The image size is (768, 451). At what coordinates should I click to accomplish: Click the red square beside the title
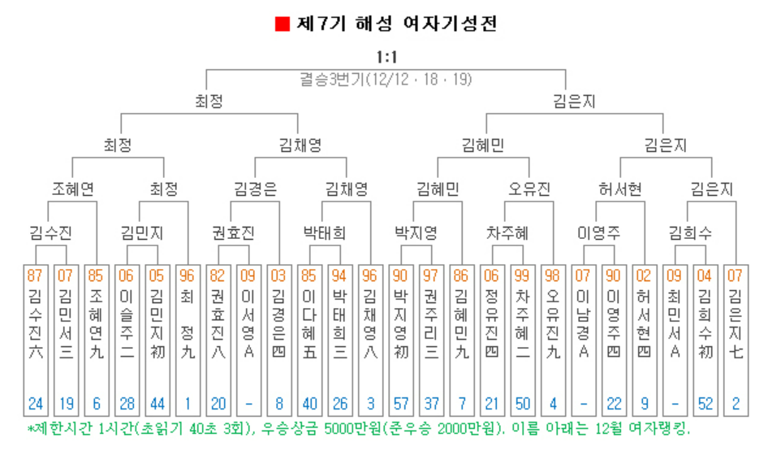tap(283, 24)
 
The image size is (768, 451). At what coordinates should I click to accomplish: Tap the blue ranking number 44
tap(157, 403)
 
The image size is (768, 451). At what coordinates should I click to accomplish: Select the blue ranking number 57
tap(399, 403)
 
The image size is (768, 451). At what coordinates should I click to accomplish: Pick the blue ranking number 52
tap(704, 403)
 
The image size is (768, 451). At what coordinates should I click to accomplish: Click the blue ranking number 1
tap(188, 403)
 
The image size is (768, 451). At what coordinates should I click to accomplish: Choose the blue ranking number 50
tap(521, 403)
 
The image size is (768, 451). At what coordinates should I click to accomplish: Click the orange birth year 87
tap(35, 275)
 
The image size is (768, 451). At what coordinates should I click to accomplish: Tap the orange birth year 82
tap(218, 275)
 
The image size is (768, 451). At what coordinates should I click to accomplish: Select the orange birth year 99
tap(521, 275)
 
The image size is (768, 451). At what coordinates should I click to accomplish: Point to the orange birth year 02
tap(643, 275)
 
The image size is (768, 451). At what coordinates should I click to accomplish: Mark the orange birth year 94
tap(339, 275)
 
